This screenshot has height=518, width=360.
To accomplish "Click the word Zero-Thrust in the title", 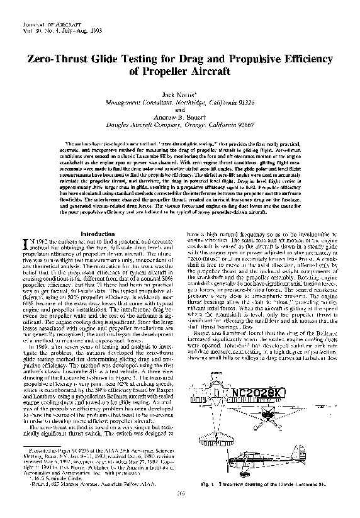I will pyautogui.click(x=55, y=58).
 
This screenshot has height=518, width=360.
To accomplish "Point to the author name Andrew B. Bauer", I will pyautogui.click(x=180, y=115).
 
